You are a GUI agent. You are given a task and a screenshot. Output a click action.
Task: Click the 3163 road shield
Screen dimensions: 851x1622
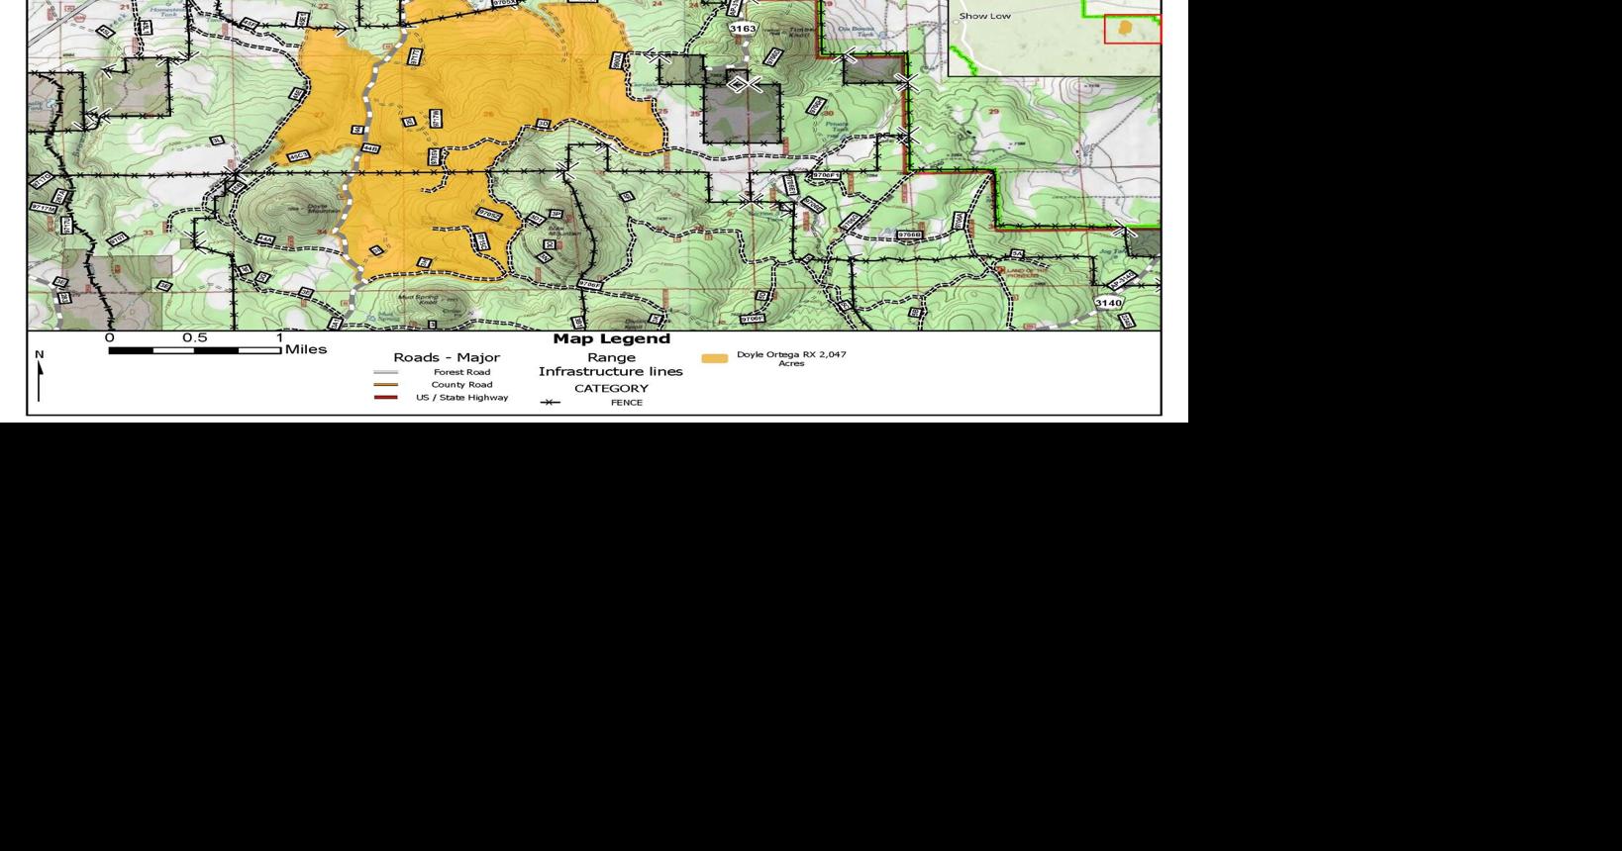pyautogui.click(x=742, y=29)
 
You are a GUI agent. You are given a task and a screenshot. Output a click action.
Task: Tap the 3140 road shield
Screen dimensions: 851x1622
pyautogui.click(x=1108, y=303)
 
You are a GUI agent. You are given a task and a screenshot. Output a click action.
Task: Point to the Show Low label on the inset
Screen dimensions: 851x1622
pyautogui.click(x=984, y=16)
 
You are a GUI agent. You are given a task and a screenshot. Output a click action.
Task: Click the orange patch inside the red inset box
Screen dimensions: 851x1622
pyautogui.click(x=1125, y=28)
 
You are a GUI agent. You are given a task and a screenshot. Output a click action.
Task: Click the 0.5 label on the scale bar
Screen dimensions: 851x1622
pyautogui.click(x=194, y=337)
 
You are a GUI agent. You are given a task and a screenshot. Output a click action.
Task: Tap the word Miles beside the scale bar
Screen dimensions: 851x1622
pyautogui.click(x=305, y=349)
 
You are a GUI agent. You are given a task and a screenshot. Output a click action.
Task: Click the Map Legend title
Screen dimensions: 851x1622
pyautogui.click(x=611, y=338)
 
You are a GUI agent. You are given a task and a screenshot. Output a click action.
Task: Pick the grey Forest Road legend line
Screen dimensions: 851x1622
pyautogui.click(x=385, y=372)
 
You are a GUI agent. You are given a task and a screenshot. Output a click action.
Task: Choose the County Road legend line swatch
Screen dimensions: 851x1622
pyautogui.click(x=385, y=385)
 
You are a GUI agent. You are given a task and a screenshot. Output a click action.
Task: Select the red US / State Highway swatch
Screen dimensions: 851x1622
pyautogui.click(x=385, y=398)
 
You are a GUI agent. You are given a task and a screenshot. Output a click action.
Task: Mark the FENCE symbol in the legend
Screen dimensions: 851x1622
pyautogui.click(x=551, y=403)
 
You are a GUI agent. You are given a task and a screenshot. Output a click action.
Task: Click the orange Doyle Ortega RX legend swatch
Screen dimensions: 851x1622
pyautogui.click(x=714, y=358)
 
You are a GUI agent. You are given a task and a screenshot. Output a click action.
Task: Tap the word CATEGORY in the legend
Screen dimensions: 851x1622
pyautogui.click(x=611, y=388)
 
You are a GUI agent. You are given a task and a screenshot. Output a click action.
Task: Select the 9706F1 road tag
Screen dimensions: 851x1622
pyautogui.click(x=826, y=175)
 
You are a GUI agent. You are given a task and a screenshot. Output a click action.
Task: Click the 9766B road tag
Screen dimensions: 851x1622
pyautogui.click(x=908, y=236)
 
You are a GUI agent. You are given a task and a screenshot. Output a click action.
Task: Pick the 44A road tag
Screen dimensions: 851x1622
pyautogui.click(x=264, y=239)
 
